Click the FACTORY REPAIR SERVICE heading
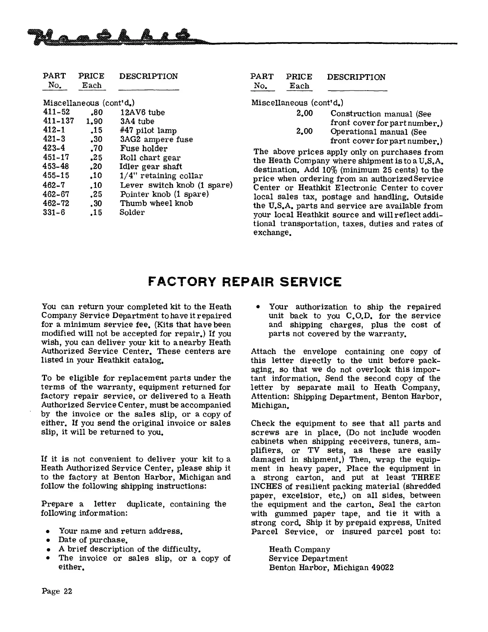coord(244,282)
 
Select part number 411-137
coord(58,122)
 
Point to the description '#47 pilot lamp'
coord(148,131)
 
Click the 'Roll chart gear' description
coord(150,158)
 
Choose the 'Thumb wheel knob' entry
coord(156,203)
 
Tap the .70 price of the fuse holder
coord(96,149)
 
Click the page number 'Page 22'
coord(57,591)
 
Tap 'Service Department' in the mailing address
coord(308,559)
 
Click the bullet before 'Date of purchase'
coord(48,541)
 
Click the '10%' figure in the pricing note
coord(328,170)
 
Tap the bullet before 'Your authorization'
coord(258,307)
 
